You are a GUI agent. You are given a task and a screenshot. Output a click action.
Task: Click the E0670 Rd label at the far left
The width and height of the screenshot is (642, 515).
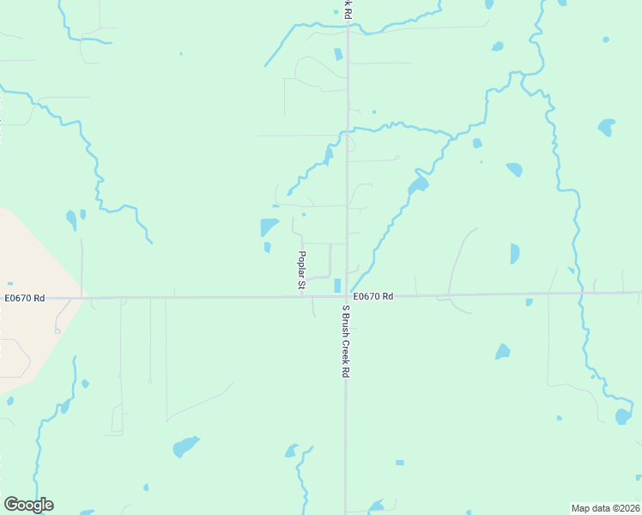(x=24, y=297)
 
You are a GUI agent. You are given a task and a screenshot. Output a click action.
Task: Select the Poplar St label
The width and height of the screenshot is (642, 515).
(x=301, y=270)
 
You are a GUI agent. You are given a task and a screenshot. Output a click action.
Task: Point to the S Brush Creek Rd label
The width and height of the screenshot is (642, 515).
(x=346, y=342)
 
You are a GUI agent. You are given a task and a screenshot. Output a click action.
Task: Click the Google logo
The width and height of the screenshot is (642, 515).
(x=28, y=505)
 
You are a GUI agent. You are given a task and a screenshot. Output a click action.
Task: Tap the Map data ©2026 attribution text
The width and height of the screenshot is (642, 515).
(x=605, y=507)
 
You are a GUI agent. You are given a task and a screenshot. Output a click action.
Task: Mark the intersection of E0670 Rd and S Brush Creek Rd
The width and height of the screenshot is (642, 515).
(x=347, y=297)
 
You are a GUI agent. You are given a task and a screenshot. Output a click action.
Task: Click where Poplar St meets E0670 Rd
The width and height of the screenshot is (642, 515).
(x=302, y=297)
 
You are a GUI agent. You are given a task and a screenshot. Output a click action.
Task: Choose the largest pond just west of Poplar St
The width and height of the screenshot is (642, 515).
(x=269, y=227)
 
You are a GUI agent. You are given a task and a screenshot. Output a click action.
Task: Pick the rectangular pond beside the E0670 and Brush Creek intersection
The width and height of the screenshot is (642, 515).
(x=337, y=285)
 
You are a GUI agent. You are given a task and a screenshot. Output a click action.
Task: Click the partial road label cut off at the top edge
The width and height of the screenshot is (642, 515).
(x=347, y=7)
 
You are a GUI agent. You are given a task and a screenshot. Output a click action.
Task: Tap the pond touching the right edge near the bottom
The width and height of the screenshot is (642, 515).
(x=623, y=416)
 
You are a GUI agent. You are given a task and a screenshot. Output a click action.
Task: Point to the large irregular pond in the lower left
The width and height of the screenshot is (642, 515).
(x=185, y=446)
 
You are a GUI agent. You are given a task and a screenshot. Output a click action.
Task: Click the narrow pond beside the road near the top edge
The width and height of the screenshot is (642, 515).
(x=337, y=54)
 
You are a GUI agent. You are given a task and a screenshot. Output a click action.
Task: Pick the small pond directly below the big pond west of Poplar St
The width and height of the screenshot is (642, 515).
(x=267, y=247)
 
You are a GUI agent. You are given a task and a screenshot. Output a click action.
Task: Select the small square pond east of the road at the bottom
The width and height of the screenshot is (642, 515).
(x=399, y=463)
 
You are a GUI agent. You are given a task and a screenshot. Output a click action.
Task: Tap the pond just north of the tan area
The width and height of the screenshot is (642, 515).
(x=71, y=220)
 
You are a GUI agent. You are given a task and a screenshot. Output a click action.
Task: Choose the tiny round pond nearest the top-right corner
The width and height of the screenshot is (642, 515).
(x=606, y=39)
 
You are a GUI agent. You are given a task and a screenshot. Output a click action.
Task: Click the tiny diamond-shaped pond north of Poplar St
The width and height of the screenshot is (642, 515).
(x=304, y=215)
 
